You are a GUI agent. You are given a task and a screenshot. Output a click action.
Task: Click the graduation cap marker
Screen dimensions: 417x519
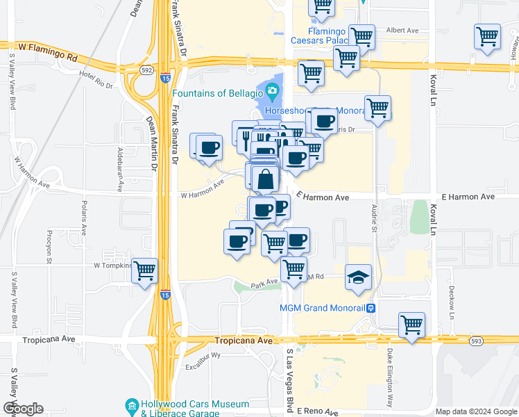click(359, 277)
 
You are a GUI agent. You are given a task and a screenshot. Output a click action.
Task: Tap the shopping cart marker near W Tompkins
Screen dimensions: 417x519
click(145, 270)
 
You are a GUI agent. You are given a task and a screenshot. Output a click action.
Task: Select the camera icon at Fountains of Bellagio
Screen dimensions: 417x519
click(272, 90)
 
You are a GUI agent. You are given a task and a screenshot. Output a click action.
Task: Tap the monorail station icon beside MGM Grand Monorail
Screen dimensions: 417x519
click(371, 308)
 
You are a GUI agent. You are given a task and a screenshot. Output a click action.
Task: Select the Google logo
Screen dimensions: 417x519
click(23, 409)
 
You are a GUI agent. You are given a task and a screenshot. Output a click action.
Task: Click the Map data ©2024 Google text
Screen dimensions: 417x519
click(475, 411)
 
